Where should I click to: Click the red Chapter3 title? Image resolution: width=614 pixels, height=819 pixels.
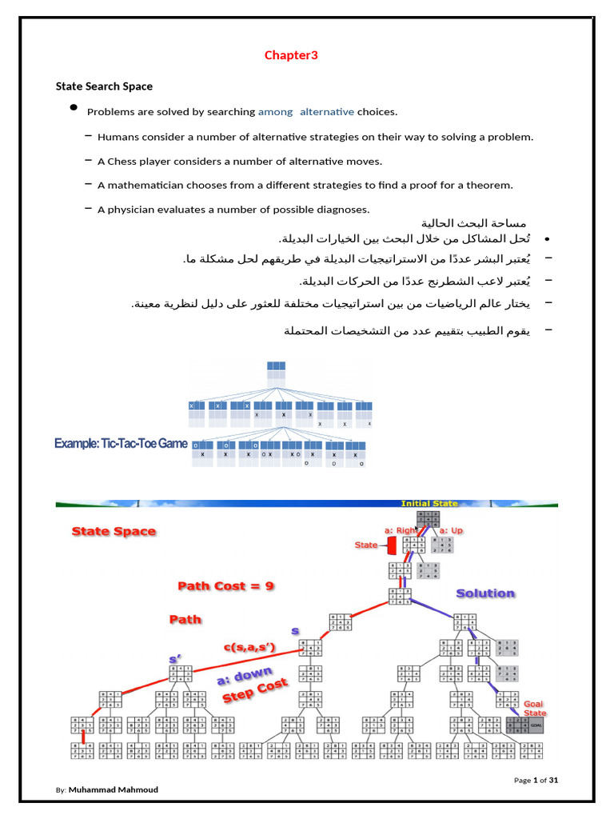click(291, 55)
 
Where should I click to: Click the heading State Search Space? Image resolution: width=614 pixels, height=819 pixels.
click(104, 86)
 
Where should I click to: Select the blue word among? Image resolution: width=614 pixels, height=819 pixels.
click(275, 112)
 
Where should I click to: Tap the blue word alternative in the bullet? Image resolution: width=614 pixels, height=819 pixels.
click(327, 112)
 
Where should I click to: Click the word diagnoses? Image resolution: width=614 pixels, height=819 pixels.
click(343, 210)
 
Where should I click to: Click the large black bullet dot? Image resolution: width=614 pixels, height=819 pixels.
click(74, 108)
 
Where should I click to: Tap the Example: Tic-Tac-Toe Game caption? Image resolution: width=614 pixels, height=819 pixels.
click(121, 442)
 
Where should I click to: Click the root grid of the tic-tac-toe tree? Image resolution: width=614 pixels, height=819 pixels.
click(276, 370)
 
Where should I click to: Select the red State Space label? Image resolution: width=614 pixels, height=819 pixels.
click(114, 531)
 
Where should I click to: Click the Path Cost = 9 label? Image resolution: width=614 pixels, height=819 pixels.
click(225, 586)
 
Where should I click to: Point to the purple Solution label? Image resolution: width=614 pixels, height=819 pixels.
click(485, 593)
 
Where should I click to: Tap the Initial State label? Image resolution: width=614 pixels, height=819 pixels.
click(429, 504)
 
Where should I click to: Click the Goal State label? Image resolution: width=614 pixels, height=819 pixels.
click(535, 709)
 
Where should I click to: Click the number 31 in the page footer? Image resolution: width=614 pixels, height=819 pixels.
click(552, 780)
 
